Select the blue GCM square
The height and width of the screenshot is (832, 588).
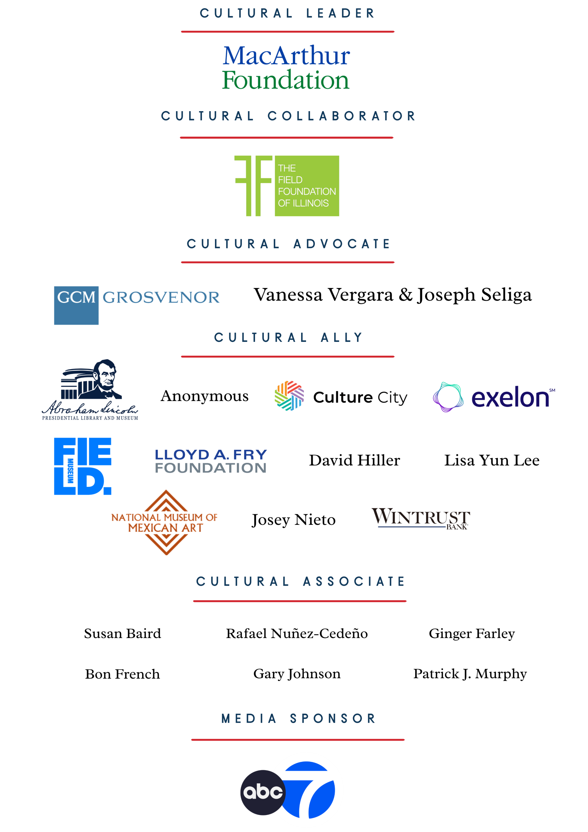coord(76,305)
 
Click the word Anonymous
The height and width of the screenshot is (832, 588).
coord(205,396)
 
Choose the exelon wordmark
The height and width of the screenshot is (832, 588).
coord(510,397)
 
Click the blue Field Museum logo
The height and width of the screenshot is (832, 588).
coord(83,466)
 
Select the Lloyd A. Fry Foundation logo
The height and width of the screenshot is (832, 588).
coord(211,461)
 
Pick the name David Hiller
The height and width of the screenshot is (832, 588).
coord(354,460)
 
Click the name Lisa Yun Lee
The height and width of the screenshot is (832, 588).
coord(492,460)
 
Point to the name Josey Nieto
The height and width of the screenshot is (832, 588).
coord(294,520)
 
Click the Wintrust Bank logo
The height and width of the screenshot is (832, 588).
coord(421,518)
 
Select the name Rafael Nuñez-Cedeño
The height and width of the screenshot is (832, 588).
coord(297,633)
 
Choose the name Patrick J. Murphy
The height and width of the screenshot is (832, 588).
coord(470,674)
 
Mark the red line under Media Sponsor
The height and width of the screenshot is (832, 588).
coord(298,740)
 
